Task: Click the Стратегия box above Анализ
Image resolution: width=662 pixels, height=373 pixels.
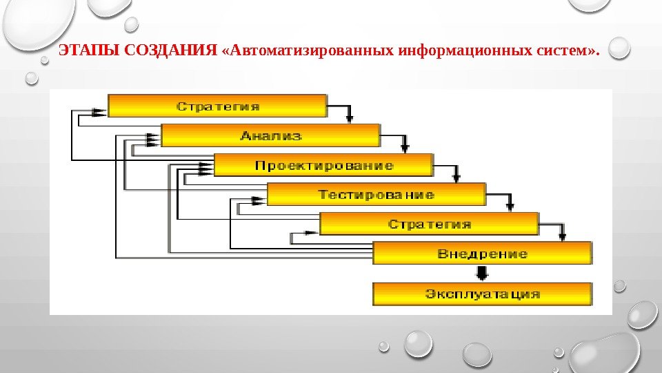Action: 217,106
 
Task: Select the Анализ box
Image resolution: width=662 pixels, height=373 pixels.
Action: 270,135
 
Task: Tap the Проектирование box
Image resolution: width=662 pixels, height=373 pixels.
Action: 323,165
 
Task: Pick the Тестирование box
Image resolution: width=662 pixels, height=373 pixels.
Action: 376,194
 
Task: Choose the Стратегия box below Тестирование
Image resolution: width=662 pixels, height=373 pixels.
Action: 429,224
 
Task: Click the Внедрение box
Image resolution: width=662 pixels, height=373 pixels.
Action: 482,254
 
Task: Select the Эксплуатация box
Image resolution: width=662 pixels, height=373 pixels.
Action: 482,294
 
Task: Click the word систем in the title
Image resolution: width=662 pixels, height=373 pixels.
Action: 561,51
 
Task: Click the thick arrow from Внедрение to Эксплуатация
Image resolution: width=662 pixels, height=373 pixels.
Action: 482,272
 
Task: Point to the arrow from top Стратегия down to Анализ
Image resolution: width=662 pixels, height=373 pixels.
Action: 351,115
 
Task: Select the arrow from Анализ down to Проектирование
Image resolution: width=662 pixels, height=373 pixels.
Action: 404,144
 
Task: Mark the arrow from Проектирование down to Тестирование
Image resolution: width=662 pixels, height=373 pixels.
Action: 457,173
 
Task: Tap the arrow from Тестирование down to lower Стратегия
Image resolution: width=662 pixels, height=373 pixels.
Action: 510,202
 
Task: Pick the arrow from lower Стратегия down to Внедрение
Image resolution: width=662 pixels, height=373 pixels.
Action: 563,233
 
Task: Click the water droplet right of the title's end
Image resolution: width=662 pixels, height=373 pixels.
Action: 619,47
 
